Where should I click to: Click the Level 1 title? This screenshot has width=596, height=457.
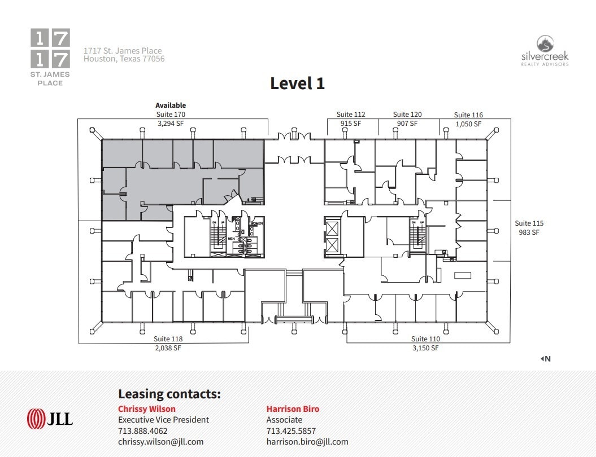[297, 84]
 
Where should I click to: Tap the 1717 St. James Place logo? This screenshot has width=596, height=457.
[50, 57]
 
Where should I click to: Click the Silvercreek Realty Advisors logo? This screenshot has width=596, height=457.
[544, 51]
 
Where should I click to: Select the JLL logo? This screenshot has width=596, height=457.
[50, 419]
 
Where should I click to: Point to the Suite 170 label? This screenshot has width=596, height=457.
[171, 114]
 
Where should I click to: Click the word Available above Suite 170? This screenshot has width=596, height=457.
[171, 106]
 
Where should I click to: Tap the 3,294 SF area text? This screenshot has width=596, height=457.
[171, 122]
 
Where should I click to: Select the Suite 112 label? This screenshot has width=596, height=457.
[351, 115]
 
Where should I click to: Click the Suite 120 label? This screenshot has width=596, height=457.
[407, 115]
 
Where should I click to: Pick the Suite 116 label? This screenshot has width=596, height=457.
[468, 115]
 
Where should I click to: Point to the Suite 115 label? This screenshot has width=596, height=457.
[529, 223]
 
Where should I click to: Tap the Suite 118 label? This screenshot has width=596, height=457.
[168, 339]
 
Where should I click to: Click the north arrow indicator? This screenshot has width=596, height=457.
[545, 358]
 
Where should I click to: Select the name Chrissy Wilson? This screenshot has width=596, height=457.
[147, 409]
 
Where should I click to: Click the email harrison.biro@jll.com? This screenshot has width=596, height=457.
[307, 442]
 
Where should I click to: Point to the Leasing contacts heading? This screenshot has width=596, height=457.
[169, 394]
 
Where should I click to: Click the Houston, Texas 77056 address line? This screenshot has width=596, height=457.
[124, 59]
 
